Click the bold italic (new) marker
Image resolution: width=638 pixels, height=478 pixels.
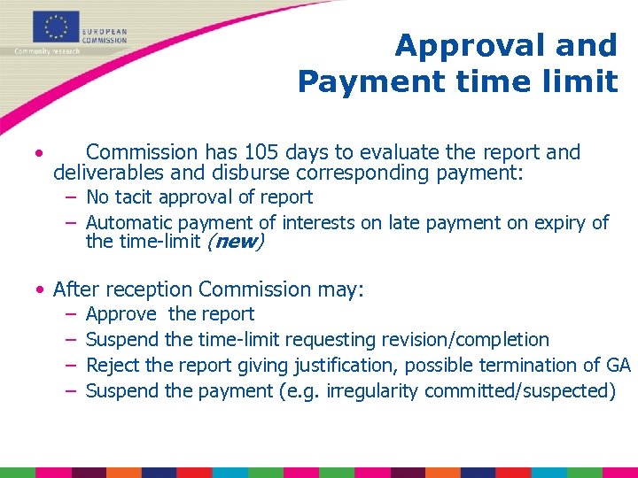pyautogui.click(x=235, y=242)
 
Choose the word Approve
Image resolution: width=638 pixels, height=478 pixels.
pyautogui.click(x=121, y=314)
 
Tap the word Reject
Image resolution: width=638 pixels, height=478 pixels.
pyautogui.click(x=109, y=365)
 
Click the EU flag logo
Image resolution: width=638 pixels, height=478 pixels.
pyautogui.click(x=56, y=27)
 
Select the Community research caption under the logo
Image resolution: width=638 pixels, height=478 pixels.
pyautogui.click(x=46, y=51)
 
